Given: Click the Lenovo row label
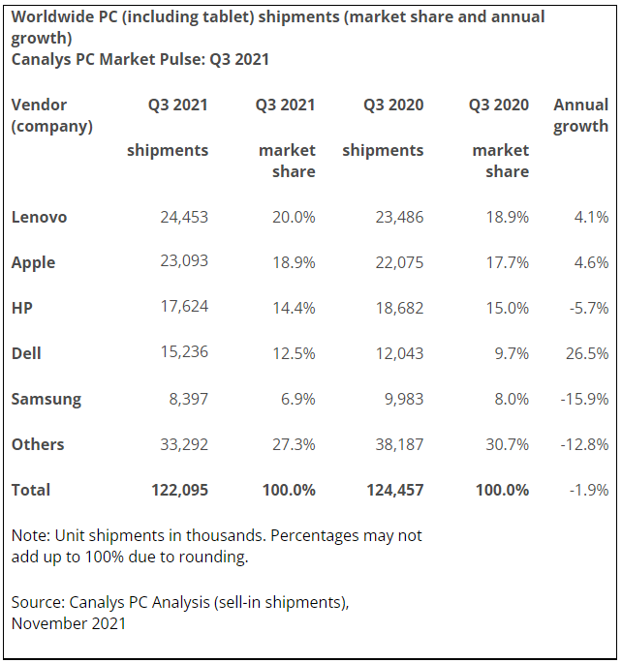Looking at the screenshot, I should point(39,217).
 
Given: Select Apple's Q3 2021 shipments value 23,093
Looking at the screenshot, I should point(184,261).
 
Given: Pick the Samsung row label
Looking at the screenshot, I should point(46,399).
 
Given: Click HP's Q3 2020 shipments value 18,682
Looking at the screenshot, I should point(399,308).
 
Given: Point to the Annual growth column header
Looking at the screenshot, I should point(580,115).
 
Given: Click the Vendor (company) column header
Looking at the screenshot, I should point(51,115).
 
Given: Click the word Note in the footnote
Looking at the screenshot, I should point(29,535).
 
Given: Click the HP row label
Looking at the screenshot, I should point(23,308).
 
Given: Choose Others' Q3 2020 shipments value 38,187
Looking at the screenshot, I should point(399,444).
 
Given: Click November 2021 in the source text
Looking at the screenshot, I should point(69,623).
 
